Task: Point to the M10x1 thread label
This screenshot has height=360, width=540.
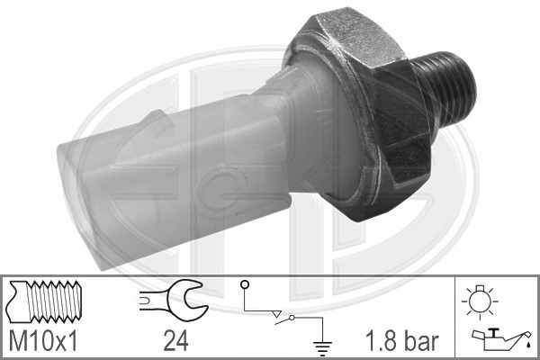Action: (43, 341)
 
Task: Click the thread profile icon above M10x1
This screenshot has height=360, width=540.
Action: (45, 301)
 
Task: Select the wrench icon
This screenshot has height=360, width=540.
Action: (174, 300)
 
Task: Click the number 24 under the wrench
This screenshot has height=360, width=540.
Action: (175, 341)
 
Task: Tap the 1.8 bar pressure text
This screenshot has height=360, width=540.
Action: (402, 341)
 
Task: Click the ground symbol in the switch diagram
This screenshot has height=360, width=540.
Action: (322, 348)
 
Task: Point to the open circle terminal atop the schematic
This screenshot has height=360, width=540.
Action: (245, 284)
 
